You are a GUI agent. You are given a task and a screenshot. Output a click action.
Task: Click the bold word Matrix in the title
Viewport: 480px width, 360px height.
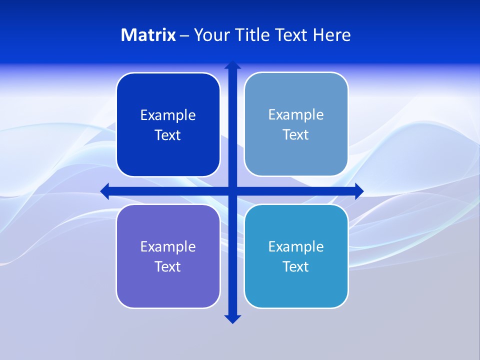point(148,35)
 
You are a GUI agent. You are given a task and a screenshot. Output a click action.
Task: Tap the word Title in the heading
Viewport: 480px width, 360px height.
point(253,35)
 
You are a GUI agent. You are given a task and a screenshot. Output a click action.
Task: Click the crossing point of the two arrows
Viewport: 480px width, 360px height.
point(232,191)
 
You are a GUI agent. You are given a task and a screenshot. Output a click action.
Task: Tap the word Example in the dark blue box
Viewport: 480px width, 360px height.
point(168,115)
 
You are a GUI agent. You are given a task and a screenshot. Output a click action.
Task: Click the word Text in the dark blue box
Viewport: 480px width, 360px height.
point(168,135)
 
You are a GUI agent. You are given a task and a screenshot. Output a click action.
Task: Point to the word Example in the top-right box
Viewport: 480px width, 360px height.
point(296,114)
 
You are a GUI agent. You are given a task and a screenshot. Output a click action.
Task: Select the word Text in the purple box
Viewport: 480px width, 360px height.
point(168,266)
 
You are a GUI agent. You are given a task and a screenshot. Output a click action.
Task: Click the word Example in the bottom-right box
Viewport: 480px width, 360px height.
point(296,246)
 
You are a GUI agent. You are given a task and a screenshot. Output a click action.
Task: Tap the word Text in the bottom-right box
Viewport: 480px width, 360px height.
point(296,266)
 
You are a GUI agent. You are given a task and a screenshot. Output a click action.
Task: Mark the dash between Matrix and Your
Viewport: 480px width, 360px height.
point(184,35)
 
